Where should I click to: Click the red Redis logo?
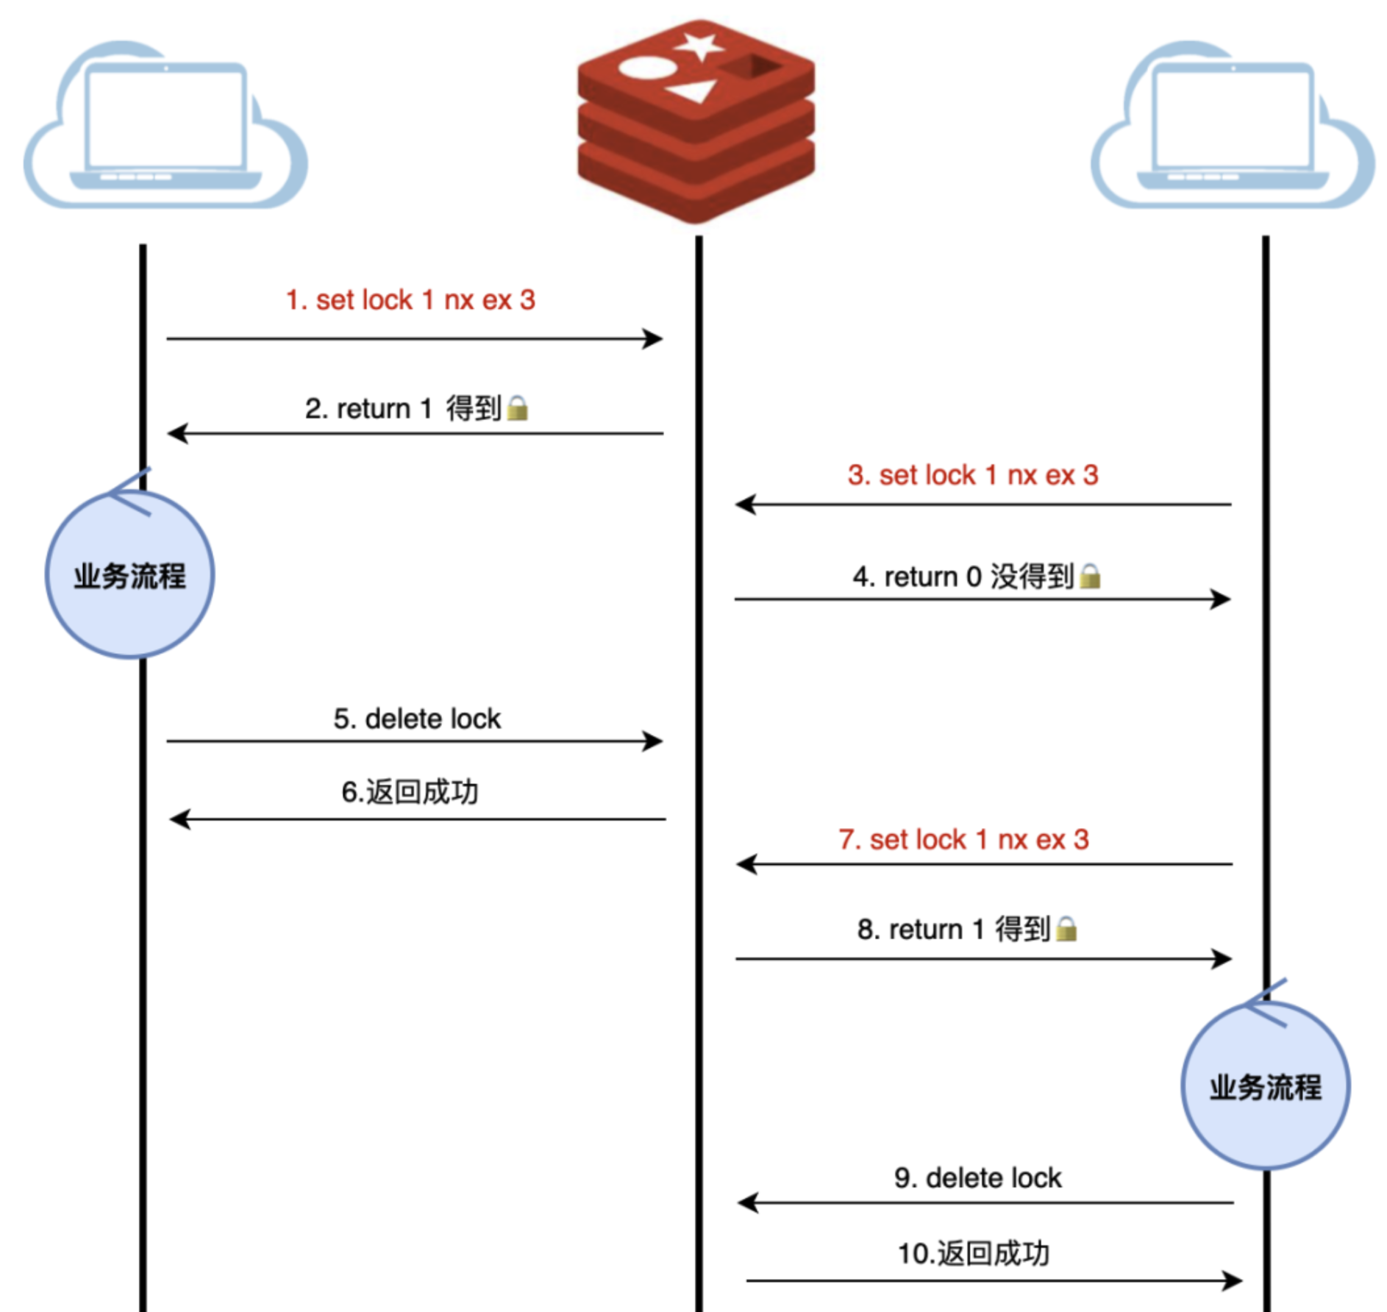[696, 121]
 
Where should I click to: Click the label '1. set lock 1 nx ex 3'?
[410, 300]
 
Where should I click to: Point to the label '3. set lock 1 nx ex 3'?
[972, 475]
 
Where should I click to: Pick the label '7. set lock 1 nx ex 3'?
[963, 839]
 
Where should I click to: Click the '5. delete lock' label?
[417, 719]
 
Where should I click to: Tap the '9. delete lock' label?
[977, 1177]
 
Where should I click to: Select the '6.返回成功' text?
[410, 792]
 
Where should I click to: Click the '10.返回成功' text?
[973, 1253]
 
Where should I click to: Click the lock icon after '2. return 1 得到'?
[518, 408]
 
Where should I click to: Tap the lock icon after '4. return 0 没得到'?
[1090, 576]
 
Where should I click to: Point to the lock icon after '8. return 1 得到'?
[1066, 929]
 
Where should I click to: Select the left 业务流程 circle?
[130, 574]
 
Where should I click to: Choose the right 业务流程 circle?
[1265, 1085]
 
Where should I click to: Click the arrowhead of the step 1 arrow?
[654, 339]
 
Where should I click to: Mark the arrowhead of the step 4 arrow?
[1222, 599]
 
